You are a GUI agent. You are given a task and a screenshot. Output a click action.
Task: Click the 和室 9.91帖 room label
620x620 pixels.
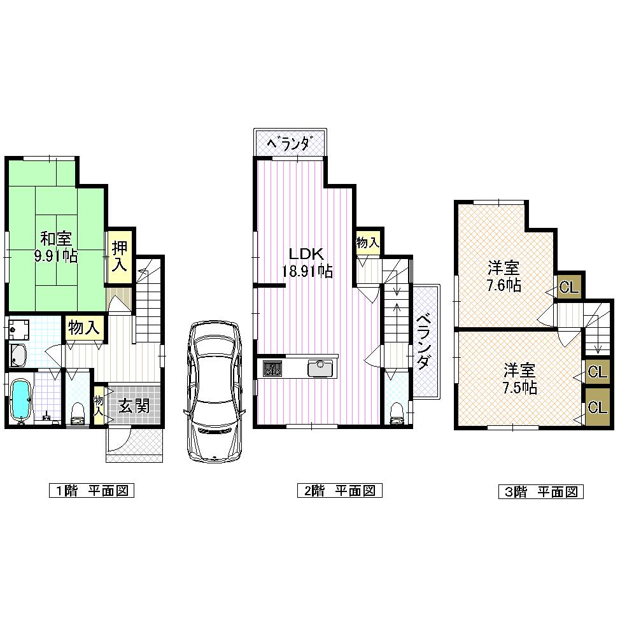[x=55, y=247]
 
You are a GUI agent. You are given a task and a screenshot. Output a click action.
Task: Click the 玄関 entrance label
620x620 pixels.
[x=133, y=405]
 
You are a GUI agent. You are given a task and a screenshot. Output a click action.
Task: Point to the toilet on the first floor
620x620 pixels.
[x=78, y=412]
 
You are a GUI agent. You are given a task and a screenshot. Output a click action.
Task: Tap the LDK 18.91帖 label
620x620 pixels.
[x=307, y=261]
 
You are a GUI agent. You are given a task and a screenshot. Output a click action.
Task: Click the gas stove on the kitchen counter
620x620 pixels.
[x=272, y=368]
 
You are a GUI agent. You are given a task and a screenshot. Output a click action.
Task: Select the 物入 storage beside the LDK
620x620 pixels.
[x=368, y=243]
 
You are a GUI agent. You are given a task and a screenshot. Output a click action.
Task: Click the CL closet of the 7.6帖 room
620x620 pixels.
[x=569, y=287]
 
